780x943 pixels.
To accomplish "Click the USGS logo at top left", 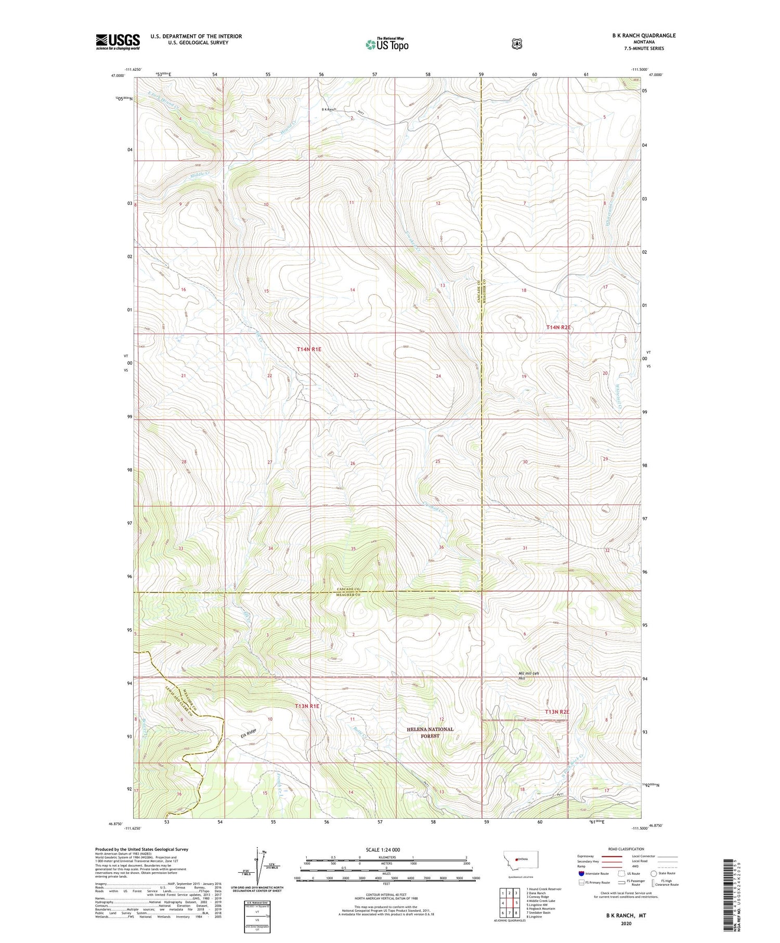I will click(x=118, y=42).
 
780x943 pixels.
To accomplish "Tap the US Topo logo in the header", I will click(x=387, y=44).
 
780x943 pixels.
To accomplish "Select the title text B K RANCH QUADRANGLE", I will click(x=644, y=35).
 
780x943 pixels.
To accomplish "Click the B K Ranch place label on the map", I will click(x=329, y=109).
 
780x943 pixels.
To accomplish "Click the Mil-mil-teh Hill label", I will click(x=529, y=676).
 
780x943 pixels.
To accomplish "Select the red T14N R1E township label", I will click(x=309, y=350).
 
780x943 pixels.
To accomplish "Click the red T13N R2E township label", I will click(x=557, y=712).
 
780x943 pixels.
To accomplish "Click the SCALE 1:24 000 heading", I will click(x=386, y=849).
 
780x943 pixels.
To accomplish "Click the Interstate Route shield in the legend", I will click(x=581, y=873).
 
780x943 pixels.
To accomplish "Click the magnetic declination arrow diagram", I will click(x=258, y=866).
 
